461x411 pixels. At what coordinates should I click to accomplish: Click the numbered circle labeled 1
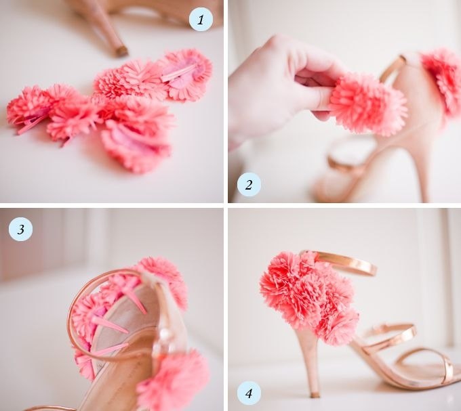click(201, 20)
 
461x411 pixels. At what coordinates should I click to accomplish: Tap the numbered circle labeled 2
click(249, 185)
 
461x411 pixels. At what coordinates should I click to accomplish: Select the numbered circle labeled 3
click(20, 229)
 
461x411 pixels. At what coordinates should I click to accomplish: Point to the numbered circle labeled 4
click(249, 393)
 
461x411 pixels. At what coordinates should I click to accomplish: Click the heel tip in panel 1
click(121, 51)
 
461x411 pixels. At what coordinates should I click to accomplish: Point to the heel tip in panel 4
click(315, 394)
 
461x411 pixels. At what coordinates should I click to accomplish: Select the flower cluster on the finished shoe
click(308, 297)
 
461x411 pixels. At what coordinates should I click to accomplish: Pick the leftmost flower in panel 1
click(28, 108)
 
